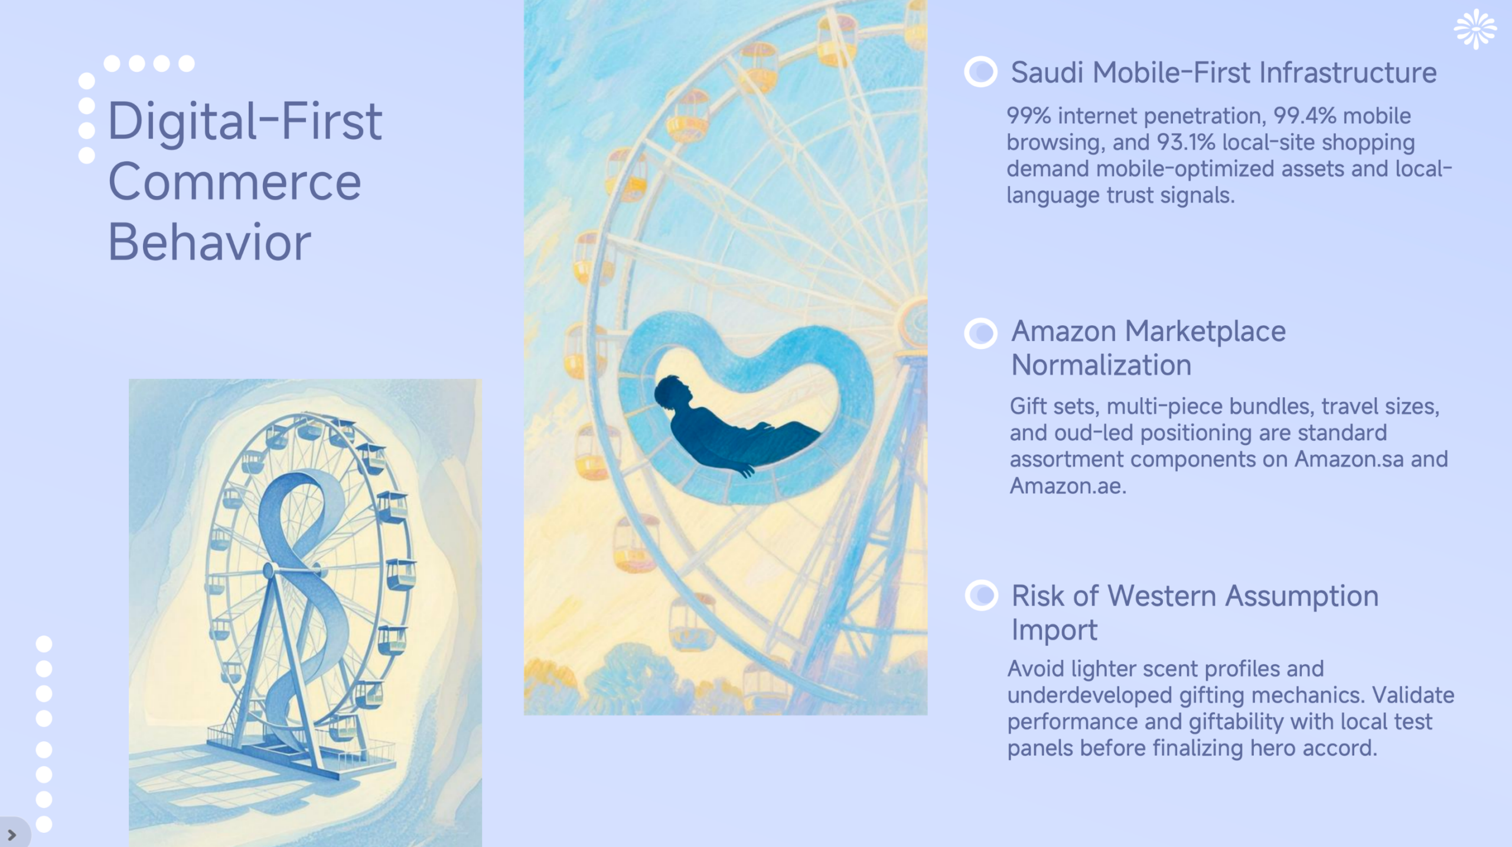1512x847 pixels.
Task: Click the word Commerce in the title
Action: pos(234,182)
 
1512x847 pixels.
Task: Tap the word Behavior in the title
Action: pos(209,242)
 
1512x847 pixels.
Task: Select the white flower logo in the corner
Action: pos(1475,30)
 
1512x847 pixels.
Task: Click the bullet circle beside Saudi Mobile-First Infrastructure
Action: pos(980,72)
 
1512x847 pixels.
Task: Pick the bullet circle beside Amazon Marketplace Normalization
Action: pos(980,333)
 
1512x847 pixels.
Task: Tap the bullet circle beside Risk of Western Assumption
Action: pos(981,595)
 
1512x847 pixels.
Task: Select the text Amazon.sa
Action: pos(1348,459)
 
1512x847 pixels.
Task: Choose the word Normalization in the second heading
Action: pos(1101,365)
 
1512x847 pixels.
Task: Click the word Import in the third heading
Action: pos(1054,630)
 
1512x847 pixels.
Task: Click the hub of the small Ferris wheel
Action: pos(269,570)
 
